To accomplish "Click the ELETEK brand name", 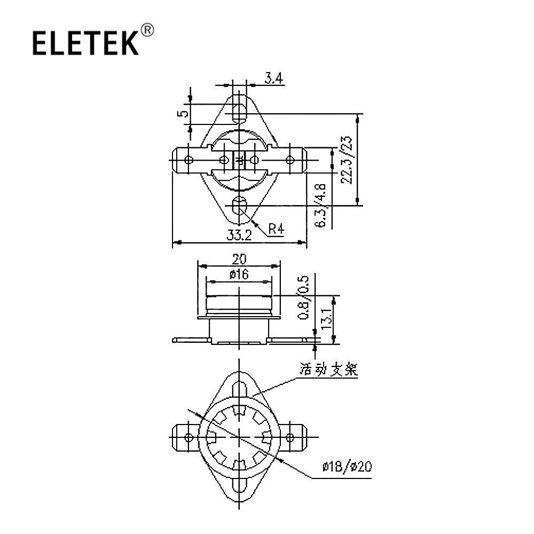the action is [x=85, y=43].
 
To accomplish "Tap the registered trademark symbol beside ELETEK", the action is [x=147, y=30].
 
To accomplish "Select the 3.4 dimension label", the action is [x=274, y=79].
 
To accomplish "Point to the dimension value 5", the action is [x=184, y=113].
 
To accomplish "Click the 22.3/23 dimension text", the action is [x=347, y=160].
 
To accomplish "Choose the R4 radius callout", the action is [x=276, y=229].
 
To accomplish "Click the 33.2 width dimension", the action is [x=239, y=234].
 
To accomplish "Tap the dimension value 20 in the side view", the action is [x=239, y=260].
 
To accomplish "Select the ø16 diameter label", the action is [x=239, y=274].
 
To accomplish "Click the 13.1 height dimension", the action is [x=326, y=318].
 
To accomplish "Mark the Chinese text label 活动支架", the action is [x=328, y=370].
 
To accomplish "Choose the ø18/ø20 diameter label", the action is [x=347, y=466].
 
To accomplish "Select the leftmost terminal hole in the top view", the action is [x=189, y=160].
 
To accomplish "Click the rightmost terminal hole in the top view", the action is [x=290, y=160].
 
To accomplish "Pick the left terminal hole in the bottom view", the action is [x=189, y=437].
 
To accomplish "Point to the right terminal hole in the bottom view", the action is [x=290, y=437].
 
